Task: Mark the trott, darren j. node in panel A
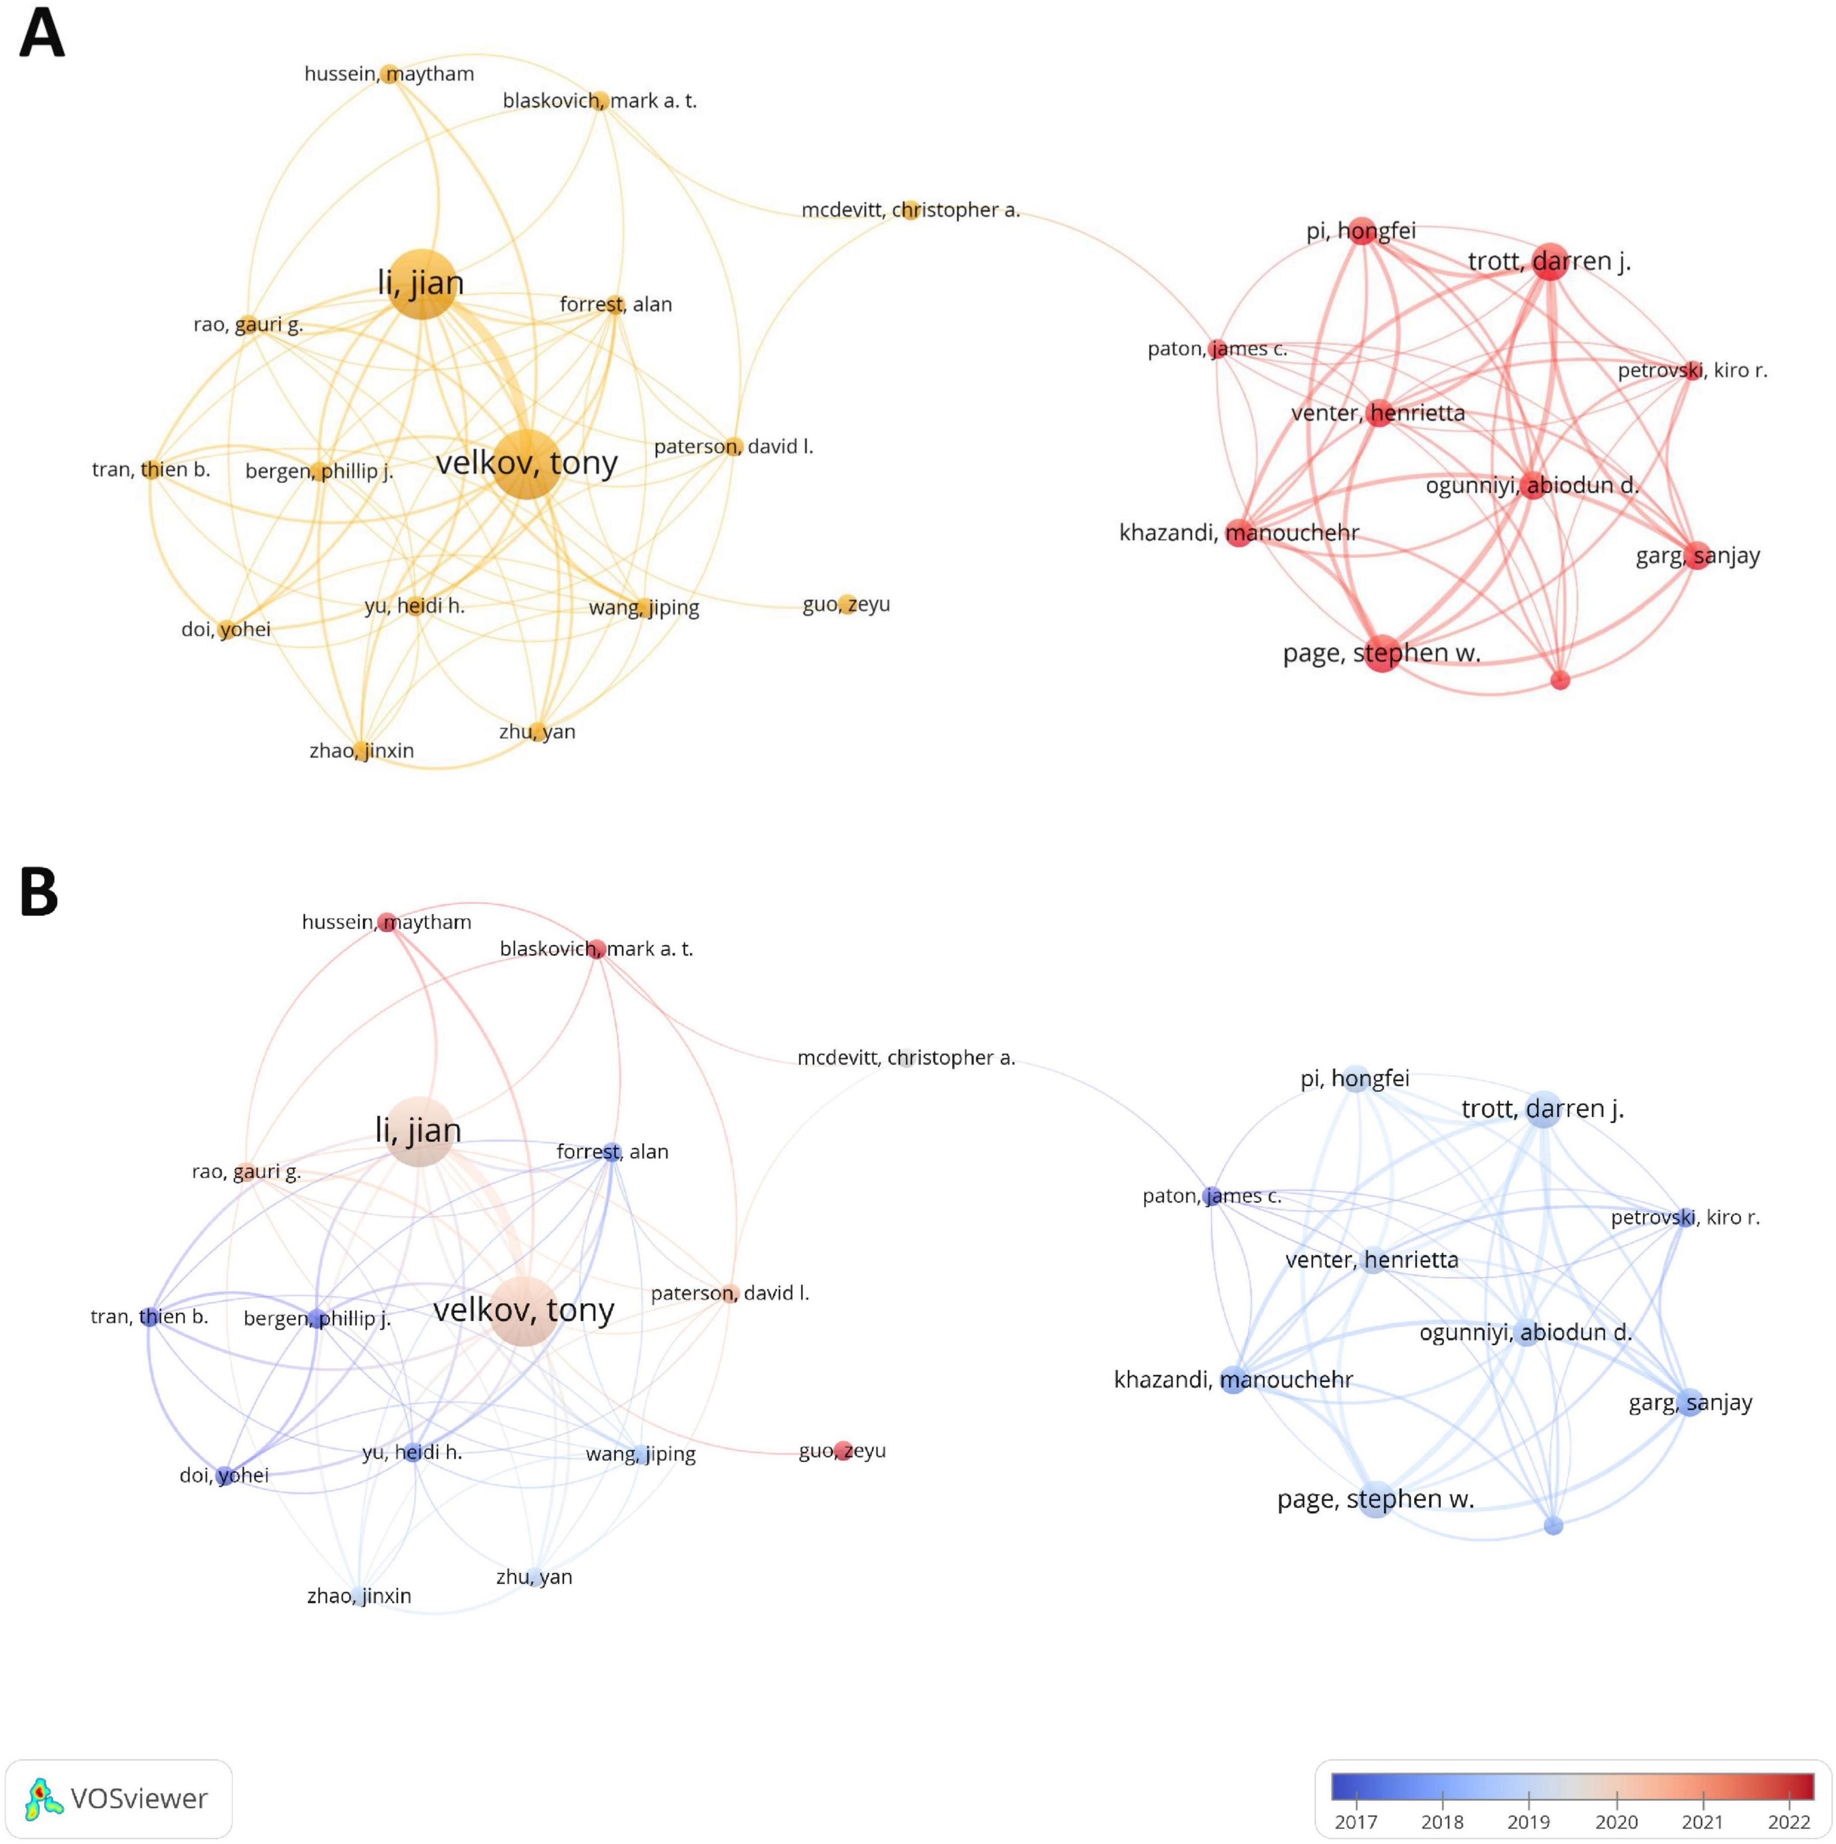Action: coord(1550,262)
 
